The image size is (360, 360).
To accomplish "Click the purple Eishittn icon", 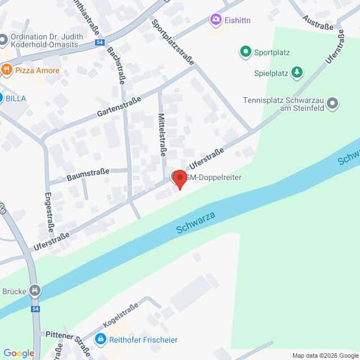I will [215, 21].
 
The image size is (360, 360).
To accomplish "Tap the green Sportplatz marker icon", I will [245, 53].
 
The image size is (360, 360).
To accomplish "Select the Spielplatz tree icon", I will [296, 72].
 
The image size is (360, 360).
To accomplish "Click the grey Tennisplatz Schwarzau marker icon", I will [333, 103].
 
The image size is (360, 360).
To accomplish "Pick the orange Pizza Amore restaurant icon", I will [7, 70].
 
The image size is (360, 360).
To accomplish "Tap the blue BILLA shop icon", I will [2, 97].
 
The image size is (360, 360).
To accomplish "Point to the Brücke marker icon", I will [35, 290].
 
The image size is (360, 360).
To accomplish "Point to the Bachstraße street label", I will [115, 65].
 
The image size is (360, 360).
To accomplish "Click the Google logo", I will [19, 353].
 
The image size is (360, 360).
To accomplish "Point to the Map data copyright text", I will [325, 355].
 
